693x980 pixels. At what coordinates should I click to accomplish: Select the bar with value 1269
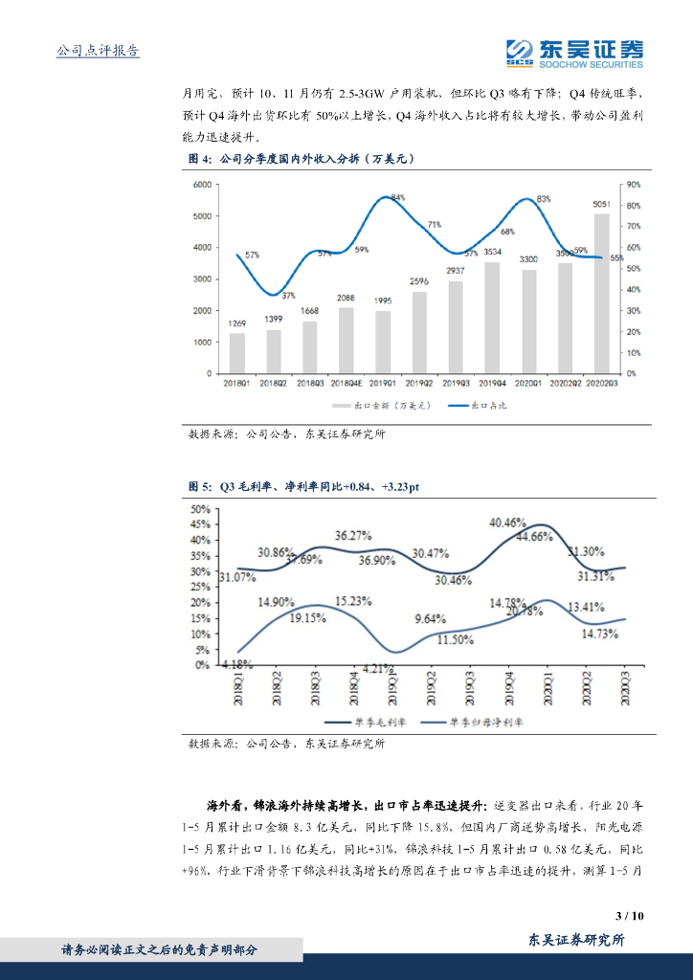236,353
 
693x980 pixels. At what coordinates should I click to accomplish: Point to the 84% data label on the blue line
397,198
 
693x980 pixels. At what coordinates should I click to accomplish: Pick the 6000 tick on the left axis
201,185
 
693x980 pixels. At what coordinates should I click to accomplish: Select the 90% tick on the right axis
634,185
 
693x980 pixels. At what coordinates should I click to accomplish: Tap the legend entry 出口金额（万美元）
384,406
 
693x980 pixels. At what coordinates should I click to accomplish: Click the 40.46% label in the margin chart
507,523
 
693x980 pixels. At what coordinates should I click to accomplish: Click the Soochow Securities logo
573,54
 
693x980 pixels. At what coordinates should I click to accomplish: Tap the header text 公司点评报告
99,51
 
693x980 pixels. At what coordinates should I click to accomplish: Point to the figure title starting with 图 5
303,487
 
